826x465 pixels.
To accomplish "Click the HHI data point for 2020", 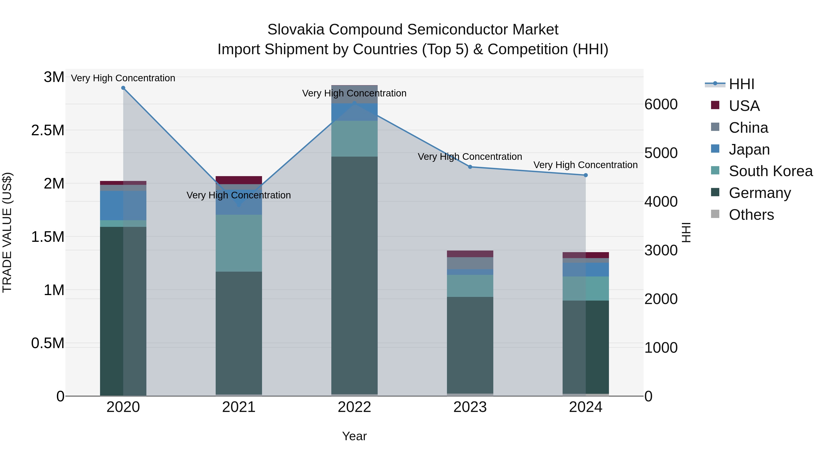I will (x=123, y=88).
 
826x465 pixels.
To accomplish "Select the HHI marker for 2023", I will (x=470, y=167).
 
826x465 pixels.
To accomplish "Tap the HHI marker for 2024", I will (x=586, y=175).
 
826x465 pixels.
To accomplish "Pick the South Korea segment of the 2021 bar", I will (x=239, y=243).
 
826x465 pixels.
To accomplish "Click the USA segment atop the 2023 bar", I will (x=470, y=254).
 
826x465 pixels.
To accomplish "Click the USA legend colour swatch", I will (x=715, y=105).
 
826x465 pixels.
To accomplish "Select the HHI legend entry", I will (x=741, y=84).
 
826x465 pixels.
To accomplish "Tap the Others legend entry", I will (x=751, y=215).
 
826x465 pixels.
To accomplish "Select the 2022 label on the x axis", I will (x=354, y=407).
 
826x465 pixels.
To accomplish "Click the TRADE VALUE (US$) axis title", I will (x=7, y=232).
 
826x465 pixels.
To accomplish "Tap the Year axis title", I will (x=354, y=436).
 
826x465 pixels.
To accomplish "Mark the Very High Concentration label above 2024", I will (x=586, y=165).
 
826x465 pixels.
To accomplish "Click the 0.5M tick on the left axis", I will (x=47, y=343).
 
